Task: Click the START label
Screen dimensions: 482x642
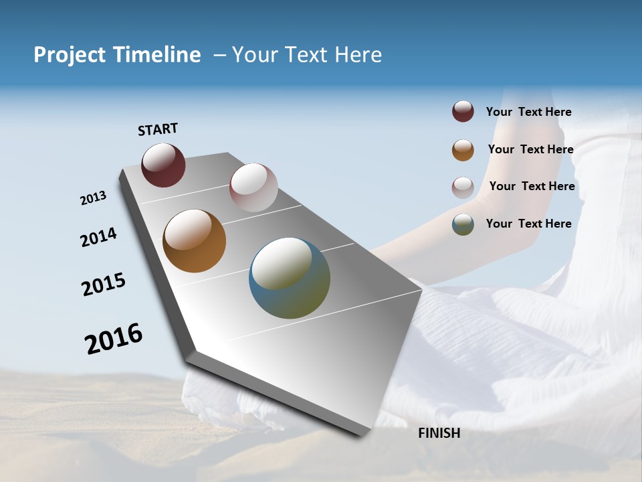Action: pyautogui.click(x=158, y=129)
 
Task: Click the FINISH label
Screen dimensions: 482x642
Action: pyautogui.click(x=439, y=433)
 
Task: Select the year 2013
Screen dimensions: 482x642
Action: pyautogui.click(x=93, y=198)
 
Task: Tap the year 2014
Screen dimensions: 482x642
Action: pyautogui.click(x=98, y=238)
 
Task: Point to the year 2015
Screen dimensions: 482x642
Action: pyautogui.click(x=104, y=285)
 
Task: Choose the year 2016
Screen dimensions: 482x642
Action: pyautogui.click(x=114, y=339)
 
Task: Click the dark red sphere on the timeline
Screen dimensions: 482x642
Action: pyautogui.click(x=163, y=165)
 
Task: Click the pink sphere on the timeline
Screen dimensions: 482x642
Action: pyautogui.click(x=253, y=187)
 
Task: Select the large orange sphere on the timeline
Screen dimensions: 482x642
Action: pyautogui.click(x=195, y=241)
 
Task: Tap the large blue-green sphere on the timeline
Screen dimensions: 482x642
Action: pyautogui.click(x=290, y=278)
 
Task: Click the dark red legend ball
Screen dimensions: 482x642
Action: pyautogui.click(x=463, y=112)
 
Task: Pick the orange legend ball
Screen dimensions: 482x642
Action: pyautogui.click(x=463, y=150)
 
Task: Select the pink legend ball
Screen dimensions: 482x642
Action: pyautogui.click(x=463, y=187)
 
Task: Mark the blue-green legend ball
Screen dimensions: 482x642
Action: pyautogui.click(x=463, y=224)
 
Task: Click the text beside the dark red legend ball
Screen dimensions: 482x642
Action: pyautogui.click(x=528, y=112)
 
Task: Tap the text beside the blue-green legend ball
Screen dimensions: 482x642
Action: pyautogui.click(x=528, y=224)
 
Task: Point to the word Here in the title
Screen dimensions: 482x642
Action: pyautogui.click(x=358, y=55)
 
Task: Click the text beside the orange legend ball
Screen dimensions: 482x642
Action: pyautogui.click(x=530, y=149)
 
